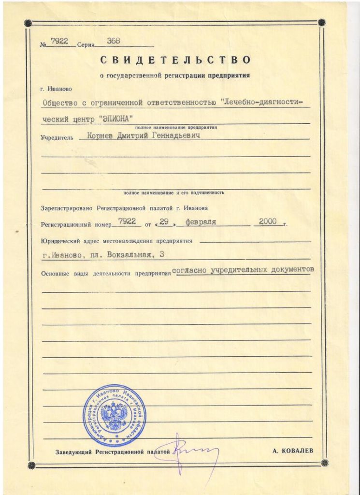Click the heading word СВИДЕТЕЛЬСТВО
pyautogui.click(x=176, y=60)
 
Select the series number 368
pyautogui.click(x=114, y=41)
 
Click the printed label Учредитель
pyautogui.click(x=57, y=138)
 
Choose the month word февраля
pyautogui.click(x=200, y=222)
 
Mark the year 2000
pyautogui.click(x=267, y=221)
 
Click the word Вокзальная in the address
pyautogui.click(x=138, y=255)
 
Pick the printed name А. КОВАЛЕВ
pyautogui.click(x=293, y=451)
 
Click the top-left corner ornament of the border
pyautogui.click(x=28, y=22)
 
